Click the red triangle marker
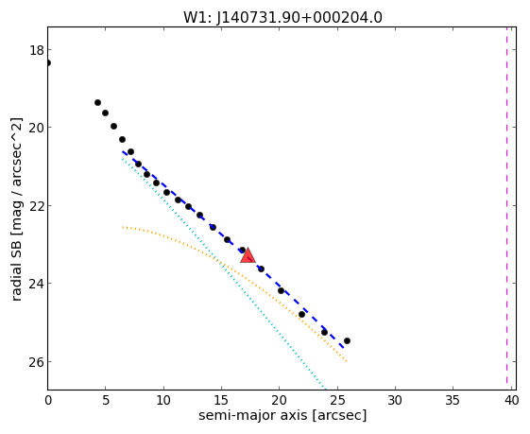coord(248,255)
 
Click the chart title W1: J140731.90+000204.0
coord(282,17)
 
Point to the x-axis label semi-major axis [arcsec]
coord(282,415)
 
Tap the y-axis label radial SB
coord(16,265)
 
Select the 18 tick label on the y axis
coord(37,50)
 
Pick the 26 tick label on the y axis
coord(37,362)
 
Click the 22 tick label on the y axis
coord(37,206)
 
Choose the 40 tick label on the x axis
coord(511,401)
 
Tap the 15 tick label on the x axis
coord(221,401)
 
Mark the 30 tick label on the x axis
coord(395,401)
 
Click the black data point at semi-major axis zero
coord(48,63)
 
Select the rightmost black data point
coord(347,340)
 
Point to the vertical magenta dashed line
coord(506,205)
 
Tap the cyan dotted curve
coord(223,269)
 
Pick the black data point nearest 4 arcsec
coord(97,102)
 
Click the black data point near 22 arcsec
coord(301,314)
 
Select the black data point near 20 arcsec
coord(281,290)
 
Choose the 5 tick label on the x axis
coord(106,401)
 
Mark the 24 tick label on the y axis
coord(37,283)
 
